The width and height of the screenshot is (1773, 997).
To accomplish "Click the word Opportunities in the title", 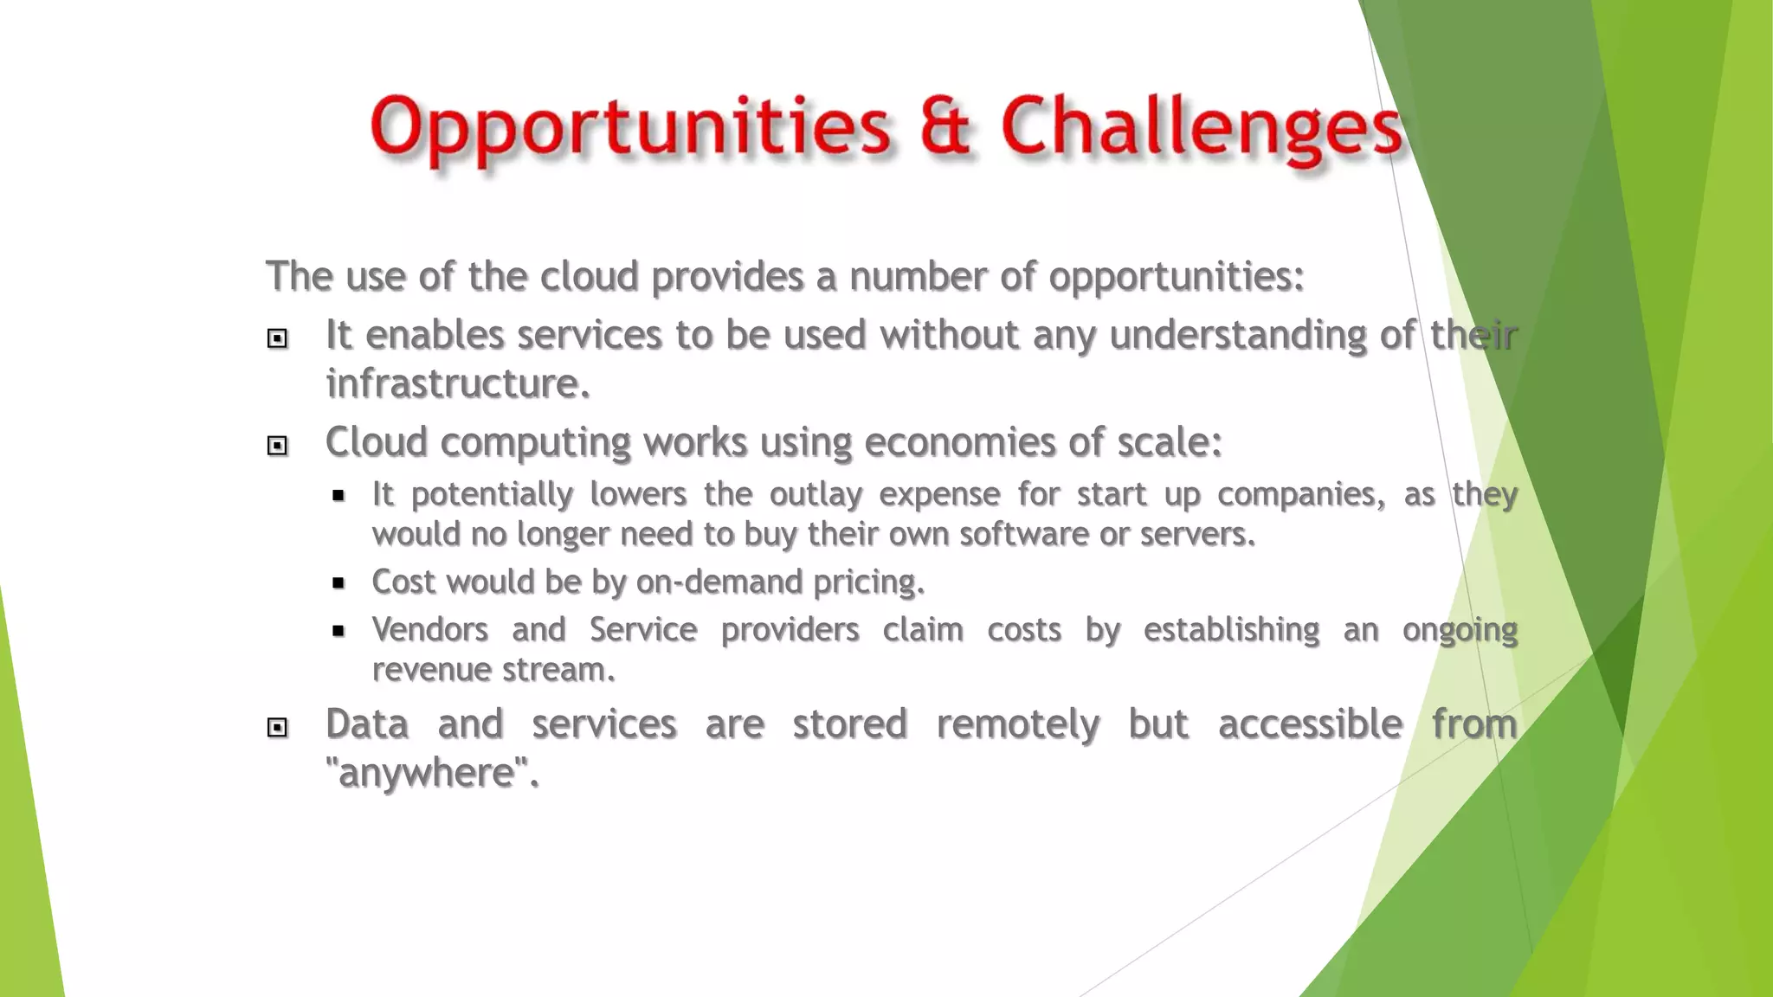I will click(x=629, y=128).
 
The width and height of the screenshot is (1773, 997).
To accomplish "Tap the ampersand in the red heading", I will click(x=945, y=126).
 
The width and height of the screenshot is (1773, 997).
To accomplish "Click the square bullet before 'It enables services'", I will click(x=277, y=338).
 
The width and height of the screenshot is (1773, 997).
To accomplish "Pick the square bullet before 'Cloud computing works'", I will click(x=277, y=446).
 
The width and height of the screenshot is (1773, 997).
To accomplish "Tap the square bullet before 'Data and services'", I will click(x=277, y=727).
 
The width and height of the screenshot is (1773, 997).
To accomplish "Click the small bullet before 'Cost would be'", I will click(x=338, y=583).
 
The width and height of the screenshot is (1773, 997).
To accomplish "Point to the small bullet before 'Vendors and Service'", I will click(x=338, y=631).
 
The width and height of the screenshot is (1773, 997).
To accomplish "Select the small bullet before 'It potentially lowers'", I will click(x=338, y=496).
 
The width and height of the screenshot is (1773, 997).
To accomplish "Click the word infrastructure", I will click(x=457, y=383).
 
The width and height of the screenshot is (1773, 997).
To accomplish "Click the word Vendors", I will click(x=430, y=629).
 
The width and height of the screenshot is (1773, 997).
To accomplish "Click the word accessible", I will click(x=1310, y=724).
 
